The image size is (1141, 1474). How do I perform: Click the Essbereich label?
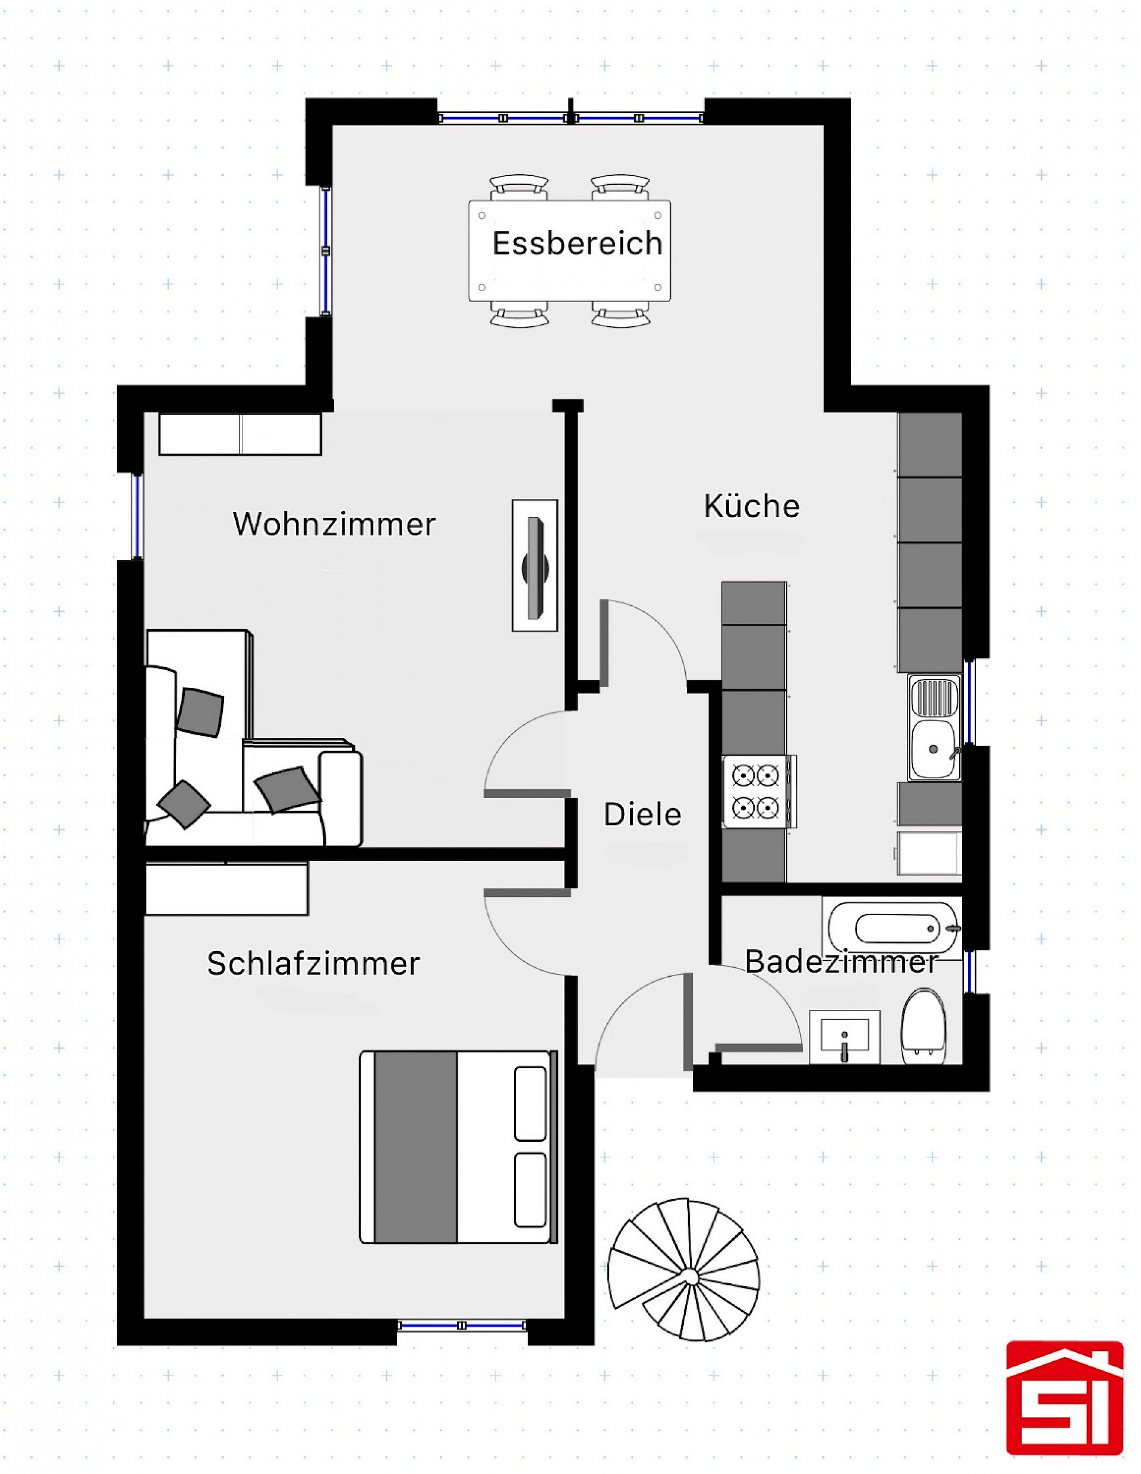pyautogui.click(x=577, y=243)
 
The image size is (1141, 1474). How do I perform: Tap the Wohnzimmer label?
pyautogui.click(x=334, y=524)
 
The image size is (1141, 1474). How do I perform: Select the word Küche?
pyautogui.click(x=751, y=506)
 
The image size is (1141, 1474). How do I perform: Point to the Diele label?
pyautogui.click(x=642, y=815)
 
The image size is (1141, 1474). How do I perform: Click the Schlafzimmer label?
pyautogui.click(x=313, y=963)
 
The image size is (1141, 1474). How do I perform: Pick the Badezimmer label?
pyautogui.click(x=841, y=962)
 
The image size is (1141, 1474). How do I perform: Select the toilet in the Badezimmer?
pyautogui.click(x=923, y=1027)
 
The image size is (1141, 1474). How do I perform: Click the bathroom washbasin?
pyautogui.click(x=844, y=1037)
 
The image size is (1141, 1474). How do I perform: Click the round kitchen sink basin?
pyautogui.click(x=934, y=749)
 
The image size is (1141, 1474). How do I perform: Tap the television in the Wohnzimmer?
pyautogui.click(x=535, y=566)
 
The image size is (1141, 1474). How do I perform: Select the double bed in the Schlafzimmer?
pyautogui.click(x=458, y=1147)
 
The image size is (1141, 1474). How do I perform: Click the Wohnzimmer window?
pyautogui.click(x=137, y=517)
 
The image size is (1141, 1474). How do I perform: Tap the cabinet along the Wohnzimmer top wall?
pyautogui.click(x=239, y=433)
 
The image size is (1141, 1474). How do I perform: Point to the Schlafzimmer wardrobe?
pyautogui.click(x=227, y=888)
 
